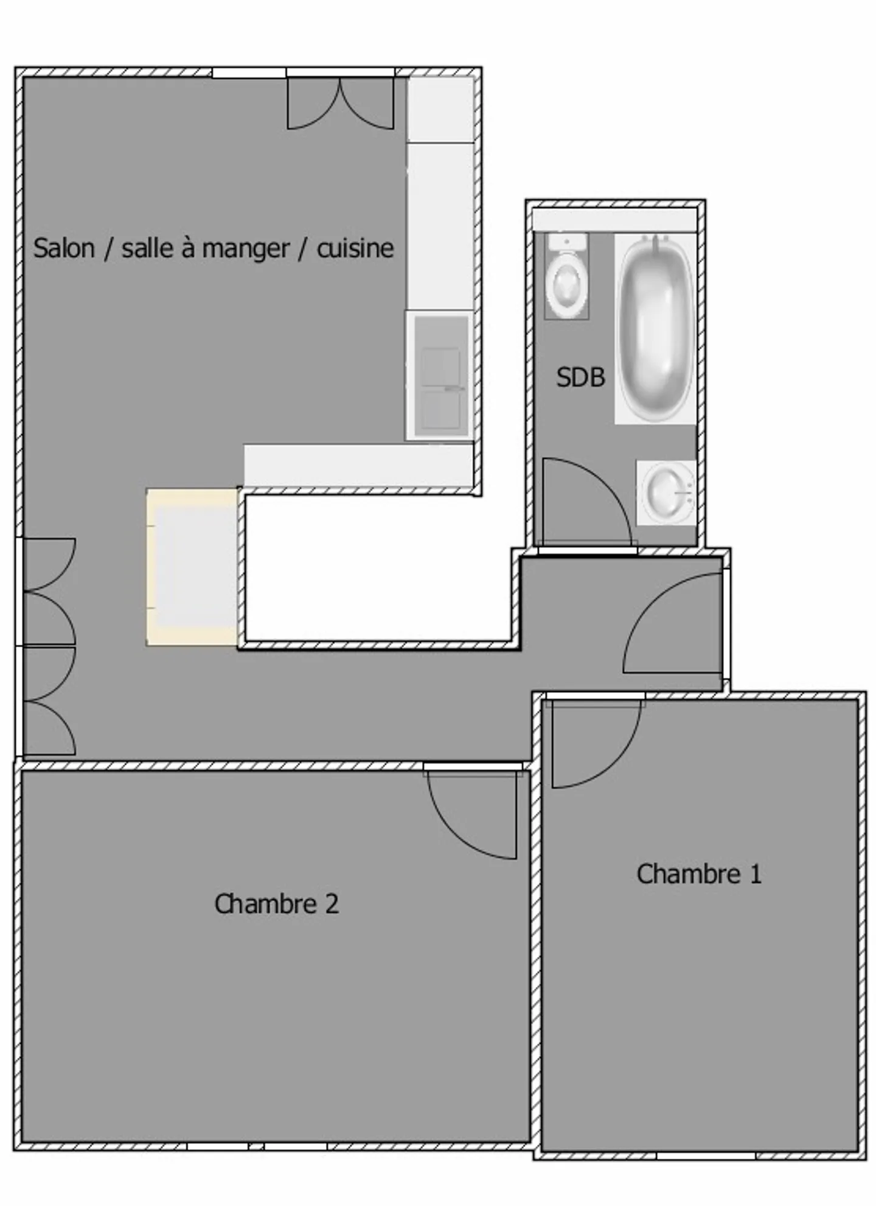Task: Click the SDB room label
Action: [580, 377]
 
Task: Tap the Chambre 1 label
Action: [699, 874]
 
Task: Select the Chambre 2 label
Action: [276, 903]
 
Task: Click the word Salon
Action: [64, 248]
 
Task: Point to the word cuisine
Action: [355, 248]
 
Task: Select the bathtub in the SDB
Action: [655, 329]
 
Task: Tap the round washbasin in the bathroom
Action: [666, 492]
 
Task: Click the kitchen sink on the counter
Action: [440, 376]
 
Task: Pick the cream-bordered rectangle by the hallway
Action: [192, 567]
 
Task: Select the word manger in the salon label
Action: [246, 249]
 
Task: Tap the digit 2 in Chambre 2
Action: [332, 904]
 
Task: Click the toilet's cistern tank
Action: [566, 241]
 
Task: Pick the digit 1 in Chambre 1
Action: [756, 874]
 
